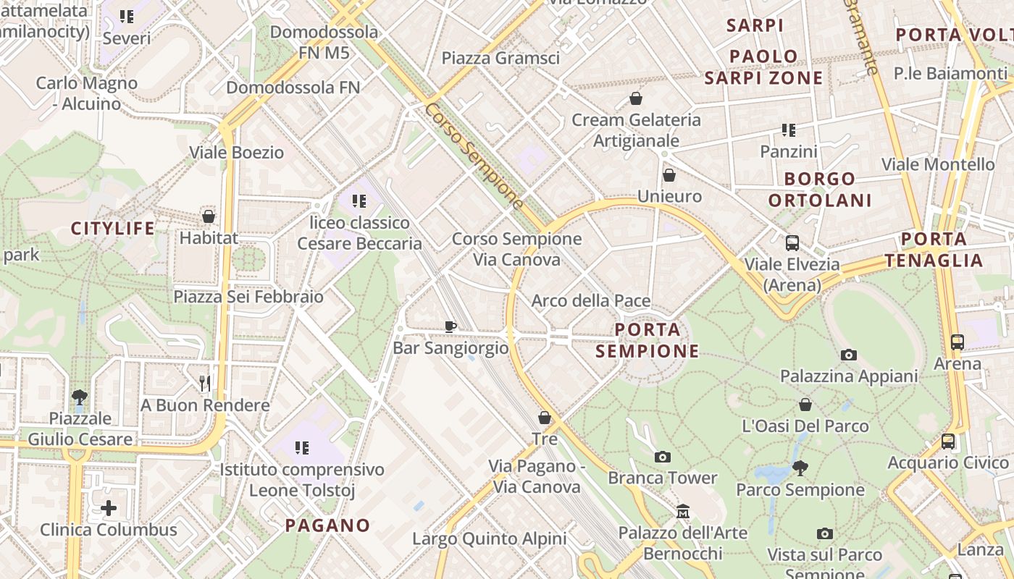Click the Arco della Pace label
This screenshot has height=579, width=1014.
point(591,300)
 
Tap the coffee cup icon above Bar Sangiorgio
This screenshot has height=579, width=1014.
point(451,326)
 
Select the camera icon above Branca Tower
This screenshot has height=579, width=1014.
point(662,457)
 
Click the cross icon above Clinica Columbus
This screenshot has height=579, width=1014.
point(109,508)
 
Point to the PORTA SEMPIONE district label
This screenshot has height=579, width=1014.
point(648,340)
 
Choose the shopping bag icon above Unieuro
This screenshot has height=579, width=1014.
point(669,175)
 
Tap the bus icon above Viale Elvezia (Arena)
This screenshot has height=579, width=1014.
point(792,243)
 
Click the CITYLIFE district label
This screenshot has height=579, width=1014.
point(113,229)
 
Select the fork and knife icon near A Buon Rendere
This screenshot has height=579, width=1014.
point(205,383)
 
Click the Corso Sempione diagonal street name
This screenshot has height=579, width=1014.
point(474,156)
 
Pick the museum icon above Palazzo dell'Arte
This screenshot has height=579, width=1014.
point(682,512)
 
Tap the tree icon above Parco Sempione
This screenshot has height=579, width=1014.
point(800,468)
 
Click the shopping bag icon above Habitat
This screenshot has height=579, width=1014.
point(209,216)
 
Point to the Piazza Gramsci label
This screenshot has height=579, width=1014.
point(500,58)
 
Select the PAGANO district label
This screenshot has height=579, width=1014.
point(327,525)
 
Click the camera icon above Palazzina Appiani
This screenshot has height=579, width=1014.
point(849,355)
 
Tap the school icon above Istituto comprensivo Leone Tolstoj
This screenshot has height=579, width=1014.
point(302,448)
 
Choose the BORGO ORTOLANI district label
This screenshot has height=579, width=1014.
point(820,189)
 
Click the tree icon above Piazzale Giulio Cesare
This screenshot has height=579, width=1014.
point(80,397)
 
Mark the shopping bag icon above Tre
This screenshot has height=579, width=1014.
point(545,418)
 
